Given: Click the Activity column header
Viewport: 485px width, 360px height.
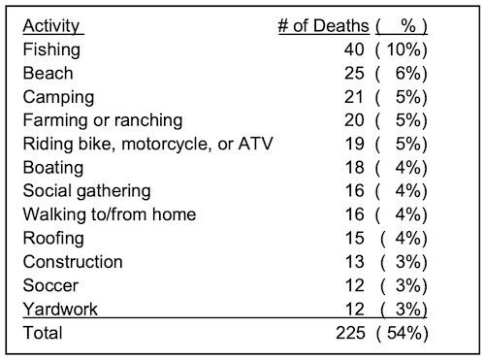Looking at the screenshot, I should (51, 26).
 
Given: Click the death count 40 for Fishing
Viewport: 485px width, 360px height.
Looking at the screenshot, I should (356, 49).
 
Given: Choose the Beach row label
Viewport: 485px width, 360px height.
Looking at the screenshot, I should (48, 74).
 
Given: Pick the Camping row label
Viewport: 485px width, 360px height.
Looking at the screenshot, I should (58, 97).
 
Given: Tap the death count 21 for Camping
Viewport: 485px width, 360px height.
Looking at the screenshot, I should (356, 97).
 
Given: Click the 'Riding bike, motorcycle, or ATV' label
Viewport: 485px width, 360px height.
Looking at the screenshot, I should (147, 145).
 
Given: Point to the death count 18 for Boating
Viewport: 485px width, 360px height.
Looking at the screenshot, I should (356, 168).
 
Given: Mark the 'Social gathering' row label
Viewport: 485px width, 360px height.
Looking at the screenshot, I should (86, 191).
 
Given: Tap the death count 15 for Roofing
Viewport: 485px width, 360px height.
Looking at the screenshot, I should (356, 239).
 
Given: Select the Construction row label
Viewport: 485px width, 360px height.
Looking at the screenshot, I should (72, 262).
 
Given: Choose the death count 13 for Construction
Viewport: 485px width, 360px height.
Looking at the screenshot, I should (356, 262).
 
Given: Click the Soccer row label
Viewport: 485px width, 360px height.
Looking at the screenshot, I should (51, 285).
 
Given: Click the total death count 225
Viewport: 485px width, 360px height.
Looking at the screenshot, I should (351, 334).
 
